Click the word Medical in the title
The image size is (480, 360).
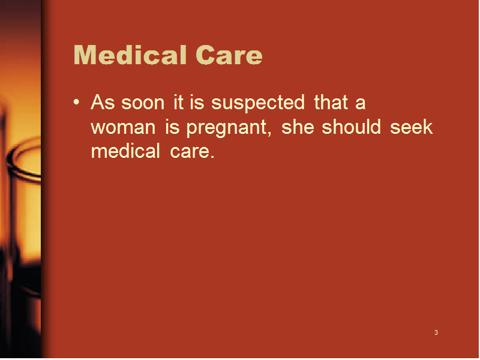click(130, 55)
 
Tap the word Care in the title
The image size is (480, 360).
click(229, 55)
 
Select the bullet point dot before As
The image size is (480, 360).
click(77, 102)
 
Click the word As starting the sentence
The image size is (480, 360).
click(103, 102)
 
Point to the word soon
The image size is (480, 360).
click(143, 103)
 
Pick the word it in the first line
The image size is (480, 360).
click(178, 102)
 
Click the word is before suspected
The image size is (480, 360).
click(197, 102)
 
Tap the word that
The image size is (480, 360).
click(331, 102)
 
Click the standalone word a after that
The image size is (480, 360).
click(361, 103)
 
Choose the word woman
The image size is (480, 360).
click(124, 128)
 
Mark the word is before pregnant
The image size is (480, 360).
click(172, 127)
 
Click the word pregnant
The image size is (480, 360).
click(229, 128)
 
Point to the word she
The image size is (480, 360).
click(298, 127)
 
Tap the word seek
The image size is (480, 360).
click(412, 127)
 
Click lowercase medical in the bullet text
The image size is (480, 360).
click(125, 151)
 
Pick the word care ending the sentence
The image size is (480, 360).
click(192, 152)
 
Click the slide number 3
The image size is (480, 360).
click(436, 332)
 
